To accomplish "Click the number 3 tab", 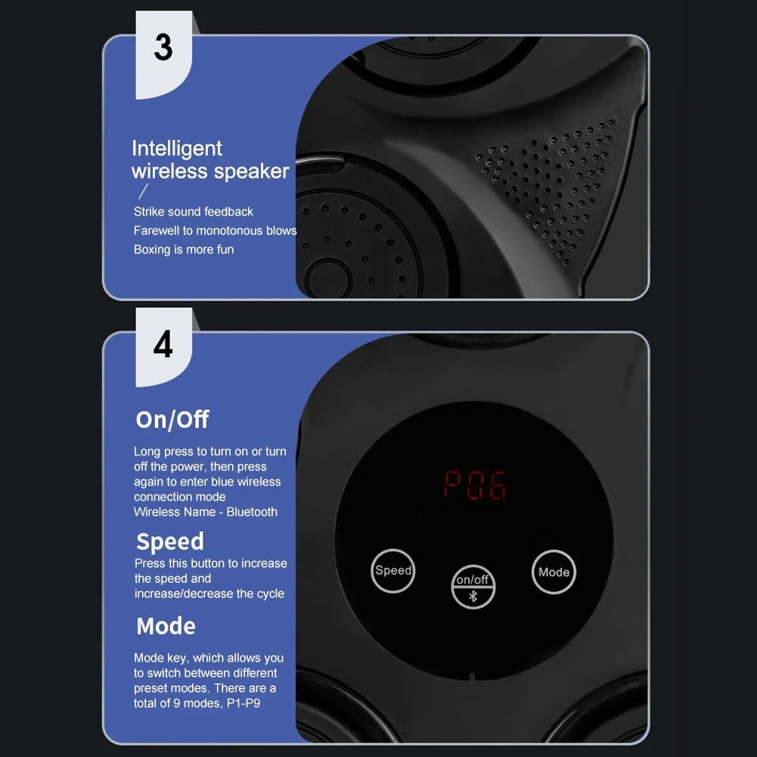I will pos(163,48).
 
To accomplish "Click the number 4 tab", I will pos(163,345).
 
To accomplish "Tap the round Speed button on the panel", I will pos(393,570).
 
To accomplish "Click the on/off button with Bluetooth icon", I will pos(473,586).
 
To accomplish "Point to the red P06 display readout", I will pos(474,485).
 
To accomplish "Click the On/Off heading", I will pos(172,420).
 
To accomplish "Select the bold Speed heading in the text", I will pos(170,541).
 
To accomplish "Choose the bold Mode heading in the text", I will pos(166,626).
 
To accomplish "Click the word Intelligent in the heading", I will pos(177,148).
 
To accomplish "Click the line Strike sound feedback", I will pos(194,212).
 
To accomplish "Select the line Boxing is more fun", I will pos(184,250).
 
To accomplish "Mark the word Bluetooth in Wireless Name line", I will pos(252,512).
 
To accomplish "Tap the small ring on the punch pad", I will pos(327,278).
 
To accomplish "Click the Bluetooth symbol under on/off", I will pos(473,595).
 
